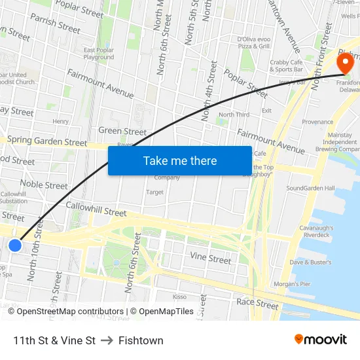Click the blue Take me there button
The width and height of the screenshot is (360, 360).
tap(180, 160)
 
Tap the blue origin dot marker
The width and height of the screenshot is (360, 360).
tap(15, 245)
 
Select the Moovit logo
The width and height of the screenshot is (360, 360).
tap(320, 339)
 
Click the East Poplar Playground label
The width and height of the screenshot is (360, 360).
tap(99, 54)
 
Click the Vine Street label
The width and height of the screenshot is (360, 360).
tap(210, 259)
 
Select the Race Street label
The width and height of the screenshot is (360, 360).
tap(258, 304)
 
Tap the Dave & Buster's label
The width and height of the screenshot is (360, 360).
tap(311, 262)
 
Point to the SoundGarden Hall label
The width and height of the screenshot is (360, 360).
tap(310, 189)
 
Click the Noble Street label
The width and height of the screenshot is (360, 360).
tap(44, 185)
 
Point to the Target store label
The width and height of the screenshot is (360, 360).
tap(154, 192)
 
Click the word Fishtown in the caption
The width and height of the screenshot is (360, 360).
tap(141, 340)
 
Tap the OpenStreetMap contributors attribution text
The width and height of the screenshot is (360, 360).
tap(65, 312)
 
